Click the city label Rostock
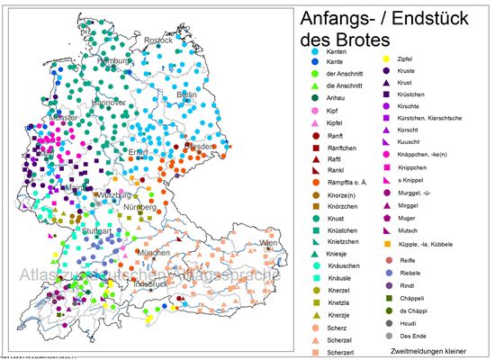click(x=159, y=40)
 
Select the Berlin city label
click(x=187, y=94)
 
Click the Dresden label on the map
click(x=198, y=146)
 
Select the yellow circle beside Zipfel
click(x=387, y=59)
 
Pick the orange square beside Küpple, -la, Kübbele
click(x=387, y=244)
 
